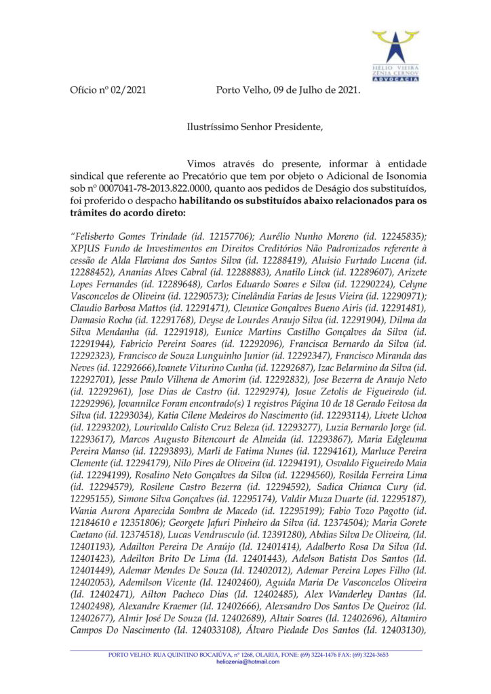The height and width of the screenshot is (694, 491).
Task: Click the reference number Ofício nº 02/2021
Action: pyautogui.click(x=108, y=89)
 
